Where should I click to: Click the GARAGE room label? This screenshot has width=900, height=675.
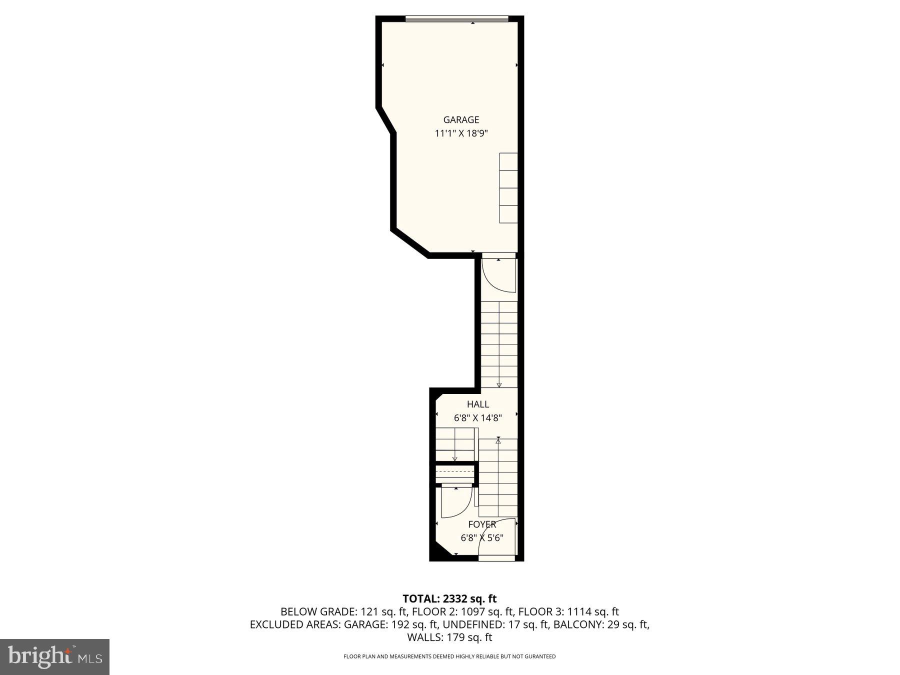click(461, 120)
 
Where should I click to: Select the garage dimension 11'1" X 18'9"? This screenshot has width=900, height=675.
click(461, 133)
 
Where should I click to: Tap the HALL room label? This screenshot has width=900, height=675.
click(478, 404)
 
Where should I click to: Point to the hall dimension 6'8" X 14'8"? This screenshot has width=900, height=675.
click(477, 418)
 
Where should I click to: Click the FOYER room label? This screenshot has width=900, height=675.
click(482, 524)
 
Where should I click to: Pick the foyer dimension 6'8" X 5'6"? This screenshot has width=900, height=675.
click(481, 538)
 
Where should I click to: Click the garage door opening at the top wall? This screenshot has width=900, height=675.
click(456, 19)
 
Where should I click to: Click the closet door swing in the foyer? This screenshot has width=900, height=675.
click(456, 502)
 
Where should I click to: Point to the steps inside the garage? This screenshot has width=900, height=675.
click(508, 188)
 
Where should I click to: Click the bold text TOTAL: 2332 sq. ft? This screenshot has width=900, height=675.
click(449, 598)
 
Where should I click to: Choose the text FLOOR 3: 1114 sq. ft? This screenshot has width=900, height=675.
click(568, 611)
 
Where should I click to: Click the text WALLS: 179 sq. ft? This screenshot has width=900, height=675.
click(449, 637)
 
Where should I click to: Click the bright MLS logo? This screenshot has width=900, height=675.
click(54, 656)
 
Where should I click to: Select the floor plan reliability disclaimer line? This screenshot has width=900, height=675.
click(449, 656)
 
